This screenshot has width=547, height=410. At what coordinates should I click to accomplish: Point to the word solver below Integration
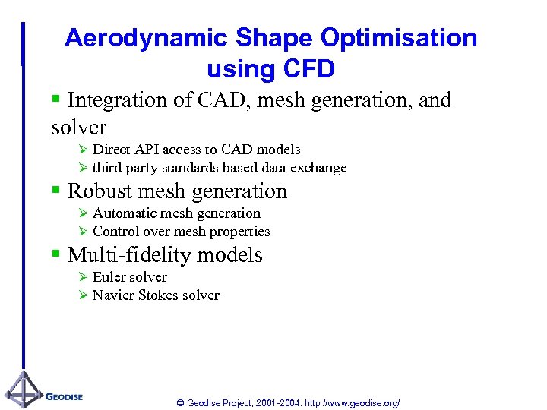[x=78, y=127]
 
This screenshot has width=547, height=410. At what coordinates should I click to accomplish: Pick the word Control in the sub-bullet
[x=116, y=232]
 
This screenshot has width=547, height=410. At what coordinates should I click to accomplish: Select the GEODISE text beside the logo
[x=65, y=396]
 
